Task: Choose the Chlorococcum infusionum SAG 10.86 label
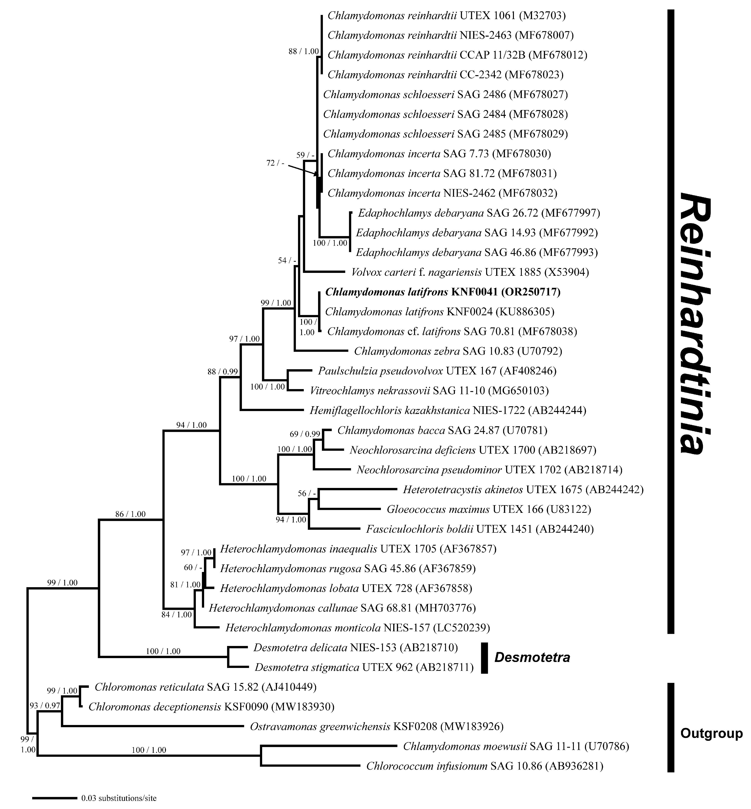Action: coord(484,766)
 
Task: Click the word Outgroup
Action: coord(711,733)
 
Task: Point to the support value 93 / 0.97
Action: coord(45,706)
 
